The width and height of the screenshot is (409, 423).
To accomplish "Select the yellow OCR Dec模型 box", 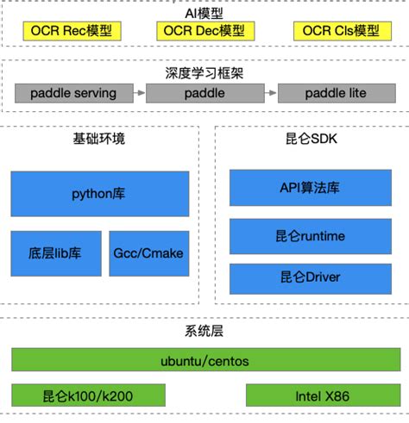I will coord(203,31).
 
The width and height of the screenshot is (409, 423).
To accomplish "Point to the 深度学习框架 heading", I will coord(204,73).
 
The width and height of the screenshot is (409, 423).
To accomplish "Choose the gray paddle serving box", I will coord(74,91).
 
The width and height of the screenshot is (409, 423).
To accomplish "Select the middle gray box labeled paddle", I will coord(204,91).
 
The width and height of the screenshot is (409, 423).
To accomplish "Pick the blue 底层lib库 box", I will coord(56,253).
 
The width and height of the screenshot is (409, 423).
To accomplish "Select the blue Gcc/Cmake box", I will coord(148,253).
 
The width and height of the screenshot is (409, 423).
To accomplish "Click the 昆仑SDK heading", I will coord(312,138).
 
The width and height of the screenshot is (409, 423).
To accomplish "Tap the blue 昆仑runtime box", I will coord(311,235).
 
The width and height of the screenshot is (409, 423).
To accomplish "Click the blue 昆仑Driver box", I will coord(311,277).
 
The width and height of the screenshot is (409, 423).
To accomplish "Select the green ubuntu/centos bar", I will coord(205,360).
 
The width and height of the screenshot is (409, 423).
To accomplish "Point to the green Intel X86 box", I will coord(323,395).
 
